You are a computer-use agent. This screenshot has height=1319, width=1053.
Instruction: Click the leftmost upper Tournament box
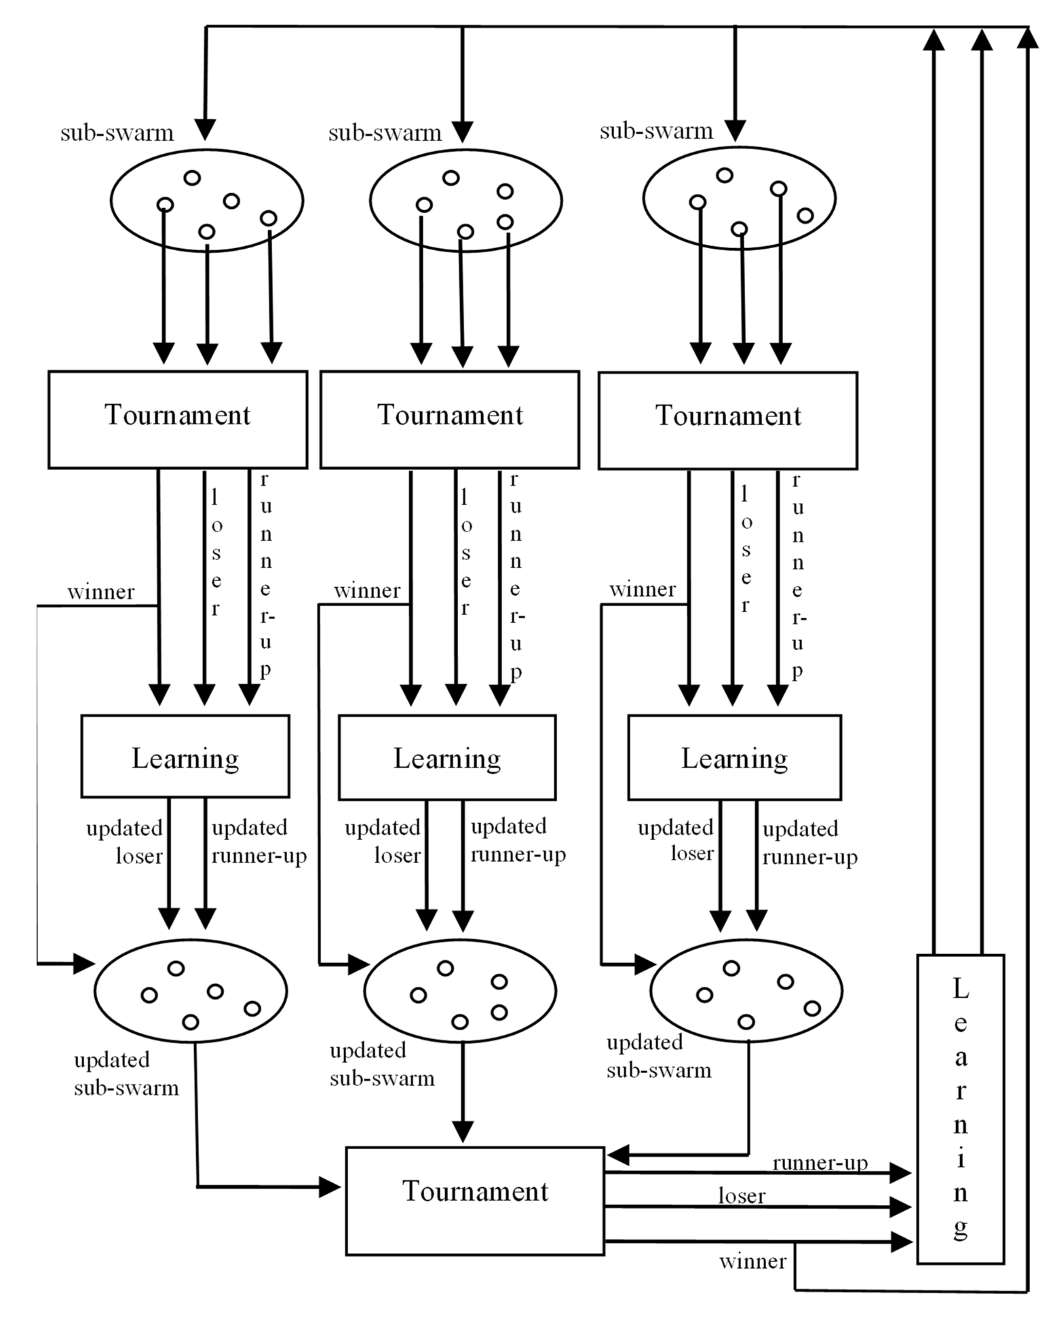pyautogui.click(x=177, y=420)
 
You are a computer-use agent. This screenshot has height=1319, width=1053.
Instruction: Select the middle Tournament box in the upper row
pyautogui.click(x=450, y=420)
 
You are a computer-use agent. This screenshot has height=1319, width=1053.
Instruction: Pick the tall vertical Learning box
pyautogui.click(x=960, y=1109)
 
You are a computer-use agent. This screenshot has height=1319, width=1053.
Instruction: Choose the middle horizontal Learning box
pyautogui.click(x=447, y=758)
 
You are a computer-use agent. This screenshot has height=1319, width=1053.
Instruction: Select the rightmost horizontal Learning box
pyautogui.click(x=734, y=758)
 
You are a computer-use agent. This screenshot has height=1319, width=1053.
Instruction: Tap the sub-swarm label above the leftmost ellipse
pyautogui.click(x=117, y=133)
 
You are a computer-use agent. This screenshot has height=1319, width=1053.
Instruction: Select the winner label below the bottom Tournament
pyautogui.click(x=752, y=1261)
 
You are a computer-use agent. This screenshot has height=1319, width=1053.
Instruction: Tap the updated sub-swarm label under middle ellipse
pyautogui.click(x=382, y=1065)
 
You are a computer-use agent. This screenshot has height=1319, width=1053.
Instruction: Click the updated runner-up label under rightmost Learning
pyautogui.click(x=809, y=843)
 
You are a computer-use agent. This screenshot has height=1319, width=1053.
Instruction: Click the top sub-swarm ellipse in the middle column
pyautogui.click(x=466, y=200)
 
